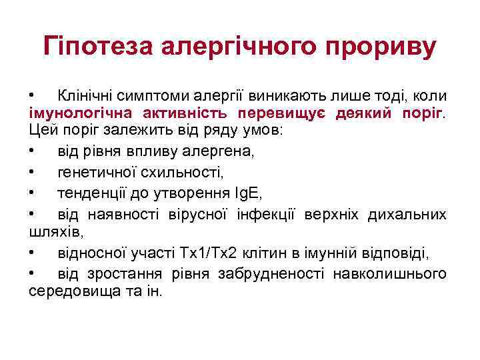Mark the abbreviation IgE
coord(247,193)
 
